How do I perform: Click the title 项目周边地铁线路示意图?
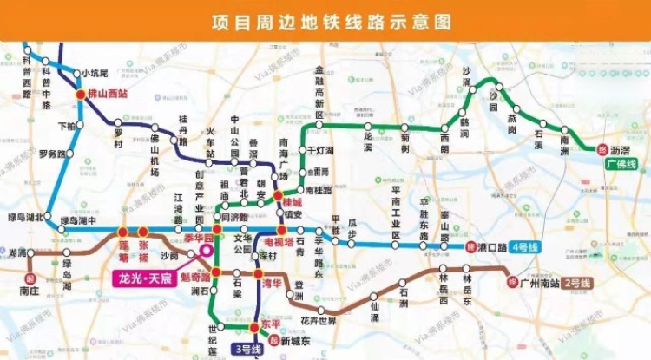coord(325,21)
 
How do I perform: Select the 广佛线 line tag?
coord(621,163)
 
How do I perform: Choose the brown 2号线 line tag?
coord(573,283)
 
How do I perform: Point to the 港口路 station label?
coord(491,247)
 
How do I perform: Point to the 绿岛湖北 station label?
coord(24,218)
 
